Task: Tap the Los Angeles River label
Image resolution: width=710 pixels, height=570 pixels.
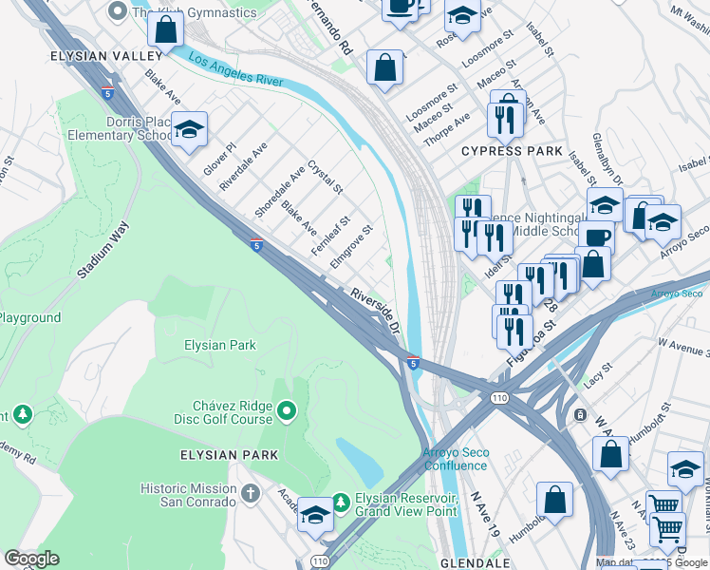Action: point(236,70)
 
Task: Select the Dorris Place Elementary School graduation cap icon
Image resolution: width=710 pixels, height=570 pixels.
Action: point(190,131)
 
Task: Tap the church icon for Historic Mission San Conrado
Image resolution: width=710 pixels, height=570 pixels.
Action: point(251,494)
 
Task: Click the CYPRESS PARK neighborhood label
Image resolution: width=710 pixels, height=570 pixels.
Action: point(512,151)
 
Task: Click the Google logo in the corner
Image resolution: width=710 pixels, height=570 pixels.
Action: point(32,559)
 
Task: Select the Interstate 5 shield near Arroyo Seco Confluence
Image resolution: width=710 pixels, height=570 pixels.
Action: point(413,362)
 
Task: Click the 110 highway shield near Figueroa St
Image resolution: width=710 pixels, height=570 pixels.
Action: point(497,397)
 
